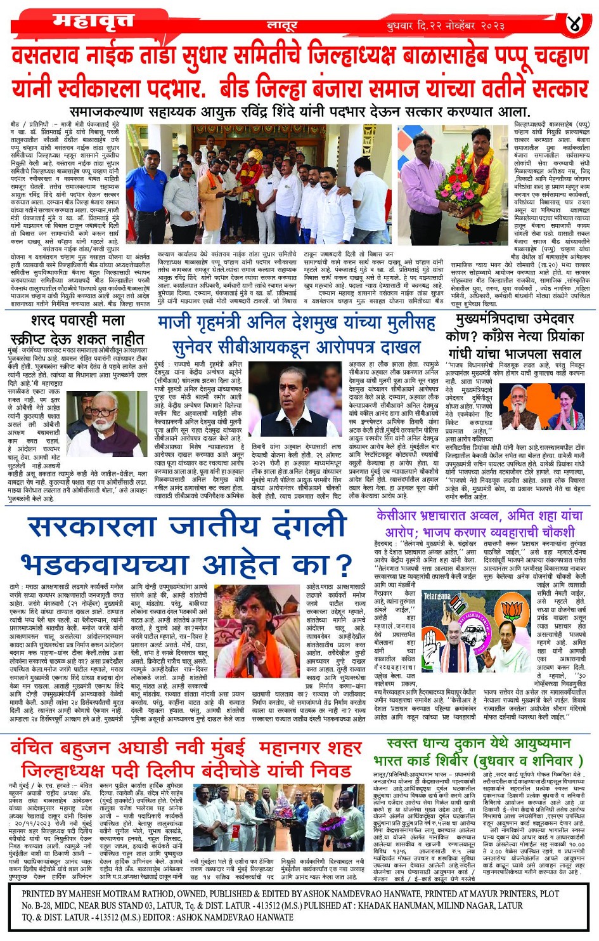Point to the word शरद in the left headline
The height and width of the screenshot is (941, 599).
(x=52, y=321)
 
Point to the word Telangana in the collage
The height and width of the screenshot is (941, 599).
(x=437, y=596)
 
